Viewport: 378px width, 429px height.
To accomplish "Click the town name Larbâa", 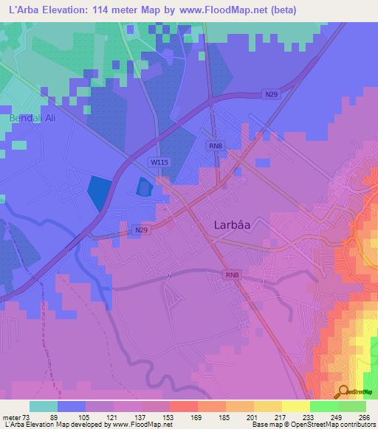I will [x=236, y=228].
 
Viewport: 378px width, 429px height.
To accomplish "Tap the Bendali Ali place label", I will [x=32, y=118].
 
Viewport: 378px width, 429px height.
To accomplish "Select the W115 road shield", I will [x=159, y=161].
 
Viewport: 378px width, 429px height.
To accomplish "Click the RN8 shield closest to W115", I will [x=215, y=147].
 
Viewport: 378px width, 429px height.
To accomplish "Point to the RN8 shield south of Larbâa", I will [x=233, y=276].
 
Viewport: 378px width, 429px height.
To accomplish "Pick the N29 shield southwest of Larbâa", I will [x=144, y=230].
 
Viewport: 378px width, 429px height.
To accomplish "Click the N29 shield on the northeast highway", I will [x=272, y=94].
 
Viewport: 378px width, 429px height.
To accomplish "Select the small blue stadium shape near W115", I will [x=142, y=188].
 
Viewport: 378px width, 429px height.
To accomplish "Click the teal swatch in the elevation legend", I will [x=44, y=406].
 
